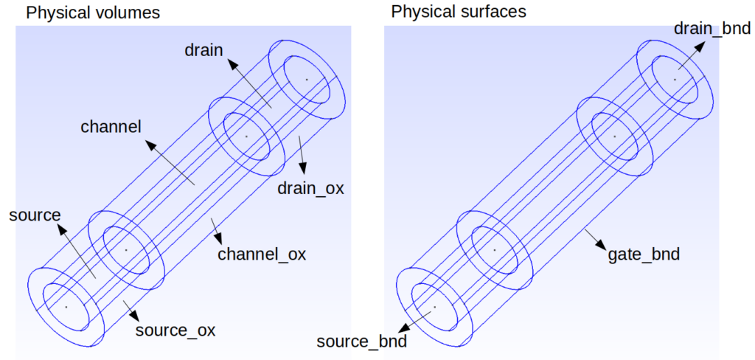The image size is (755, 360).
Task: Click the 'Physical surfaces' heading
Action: click(x=459, y=12)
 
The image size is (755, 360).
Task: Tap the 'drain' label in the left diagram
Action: click(x=203, y=49)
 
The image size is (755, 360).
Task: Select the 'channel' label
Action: click(x=111, y=127)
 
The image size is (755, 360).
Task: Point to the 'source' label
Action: click(x=34, y=215)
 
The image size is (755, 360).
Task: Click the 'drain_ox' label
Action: click(x=310, y=188)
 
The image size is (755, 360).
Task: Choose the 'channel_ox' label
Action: click(x=262, y=255)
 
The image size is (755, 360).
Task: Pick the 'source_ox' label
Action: click(x=175, y=330)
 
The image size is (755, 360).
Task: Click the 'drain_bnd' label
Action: click(x=711, y=29)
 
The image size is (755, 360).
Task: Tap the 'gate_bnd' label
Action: click(x=644, y=255)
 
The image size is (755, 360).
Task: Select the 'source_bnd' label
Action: click(x=361, y=342)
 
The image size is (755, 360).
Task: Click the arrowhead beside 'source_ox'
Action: click(x=136, y=315)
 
